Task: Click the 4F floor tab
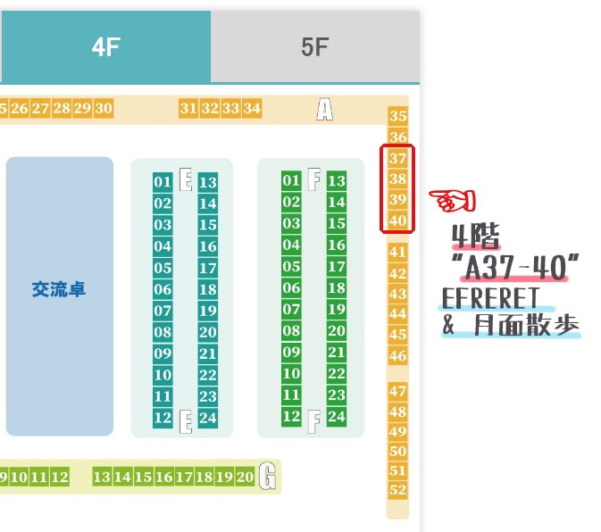coord(105,47)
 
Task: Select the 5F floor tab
coord(314,47)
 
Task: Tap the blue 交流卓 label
coord(59,290)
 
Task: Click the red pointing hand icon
coord(452,201)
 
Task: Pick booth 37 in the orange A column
coord(398,159)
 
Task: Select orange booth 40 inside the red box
coord(398,220)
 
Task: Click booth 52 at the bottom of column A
coord(398,489)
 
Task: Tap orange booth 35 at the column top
coord(398,116)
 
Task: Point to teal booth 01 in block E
coord(163,182)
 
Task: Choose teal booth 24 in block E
coord(208,417)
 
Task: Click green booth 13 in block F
coord(337,181)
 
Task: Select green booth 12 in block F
coord(291,416)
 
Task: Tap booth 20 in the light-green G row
coord(246,478)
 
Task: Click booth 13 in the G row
coord(102,478)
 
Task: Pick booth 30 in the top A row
coord(104,109)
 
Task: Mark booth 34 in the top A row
coord(253,109)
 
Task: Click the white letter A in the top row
coord(324,109)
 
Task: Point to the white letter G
coord(267,478)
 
